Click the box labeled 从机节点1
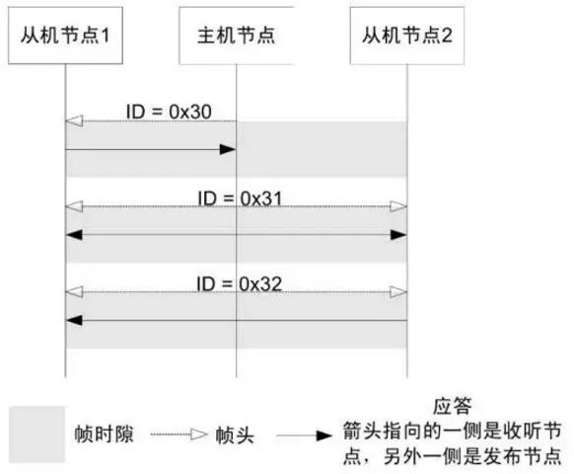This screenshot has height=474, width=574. click(65, 40)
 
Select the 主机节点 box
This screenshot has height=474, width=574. click(236, 40)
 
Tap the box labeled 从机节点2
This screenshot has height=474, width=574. click(406, 40)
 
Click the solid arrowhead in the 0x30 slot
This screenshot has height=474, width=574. click(228, 149)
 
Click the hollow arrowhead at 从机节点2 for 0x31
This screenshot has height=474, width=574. click(397, 206)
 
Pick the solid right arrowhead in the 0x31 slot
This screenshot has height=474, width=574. click(398, 236)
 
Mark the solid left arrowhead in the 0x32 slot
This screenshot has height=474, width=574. click(74, 321)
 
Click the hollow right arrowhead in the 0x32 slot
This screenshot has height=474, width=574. click(397, 292)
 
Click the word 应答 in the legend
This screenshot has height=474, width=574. click(452, 405)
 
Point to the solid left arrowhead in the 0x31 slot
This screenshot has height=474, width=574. click(74, 236)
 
